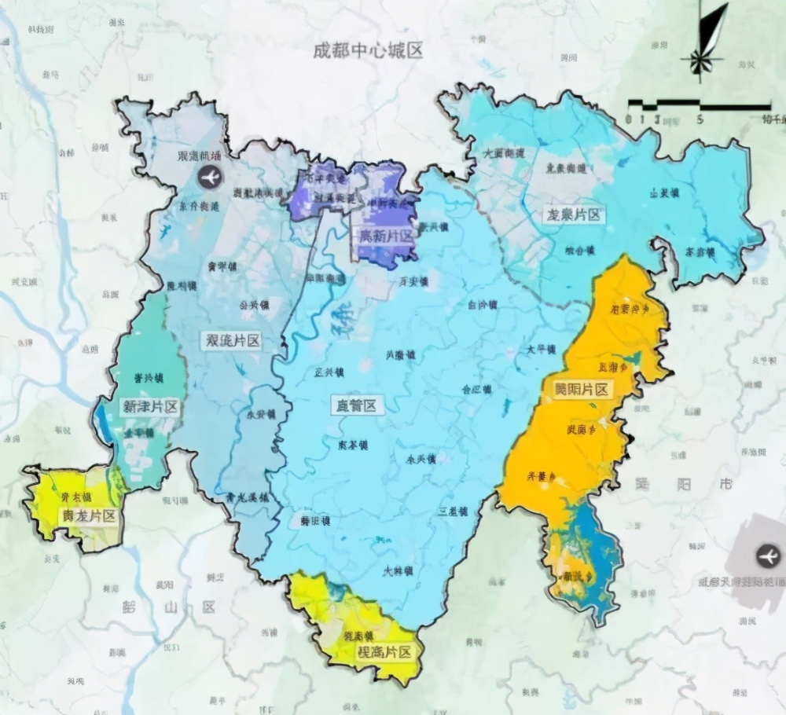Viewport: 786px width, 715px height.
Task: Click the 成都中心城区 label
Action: pos(368,51)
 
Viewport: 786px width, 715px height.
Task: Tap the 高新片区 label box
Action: pos(385,236)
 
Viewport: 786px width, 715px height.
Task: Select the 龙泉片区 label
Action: pos(575,214)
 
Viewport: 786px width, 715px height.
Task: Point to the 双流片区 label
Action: pos(232,340)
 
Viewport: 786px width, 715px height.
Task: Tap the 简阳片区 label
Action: pos(582,390)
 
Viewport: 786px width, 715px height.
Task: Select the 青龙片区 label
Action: pos(88,516)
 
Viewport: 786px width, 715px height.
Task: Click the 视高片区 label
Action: pos(384,652)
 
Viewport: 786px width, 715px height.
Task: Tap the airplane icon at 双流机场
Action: pos(210,178)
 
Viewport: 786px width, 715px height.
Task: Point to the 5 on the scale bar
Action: pos(699,120)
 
